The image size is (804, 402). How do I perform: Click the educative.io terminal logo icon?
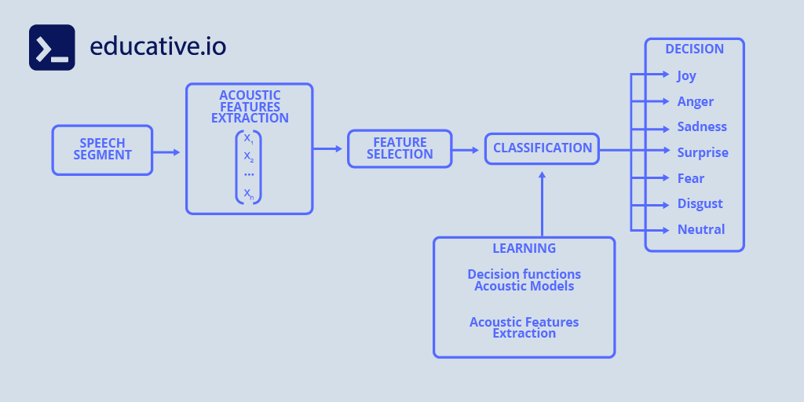click(52, 47)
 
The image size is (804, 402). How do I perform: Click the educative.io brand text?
click(158, 46)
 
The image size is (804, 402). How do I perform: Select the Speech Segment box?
click(102, 149)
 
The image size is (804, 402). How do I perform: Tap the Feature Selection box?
click(400, 148)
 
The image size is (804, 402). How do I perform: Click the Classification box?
click(542, 148)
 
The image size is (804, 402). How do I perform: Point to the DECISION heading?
click(694, 49)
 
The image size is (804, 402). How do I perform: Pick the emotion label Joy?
click(686, 76)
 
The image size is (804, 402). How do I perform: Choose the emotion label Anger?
click(695, 101)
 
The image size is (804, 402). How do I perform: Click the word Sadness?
click(702, 127)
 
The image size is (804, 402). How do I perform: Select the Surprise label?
click(703, 152)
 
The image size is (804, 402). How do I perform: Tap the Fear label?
click(691, 178)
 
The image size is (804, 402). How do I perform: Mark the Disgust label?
click(700, 204)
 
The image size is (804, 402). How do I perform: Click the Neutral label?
click(700, 229)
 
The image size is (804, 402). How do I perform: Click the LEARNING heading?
click(524, 248)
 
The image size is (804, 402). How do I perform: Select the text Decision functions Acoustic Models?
click(524, 280)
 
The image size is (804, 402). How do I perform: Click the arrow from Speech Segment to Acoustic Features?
click(166, 152)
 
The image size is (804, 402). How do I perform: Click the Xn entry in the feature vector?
click(248, 192)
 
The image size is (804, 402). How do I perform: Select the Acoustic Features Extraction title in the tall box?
click(250, 107)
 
